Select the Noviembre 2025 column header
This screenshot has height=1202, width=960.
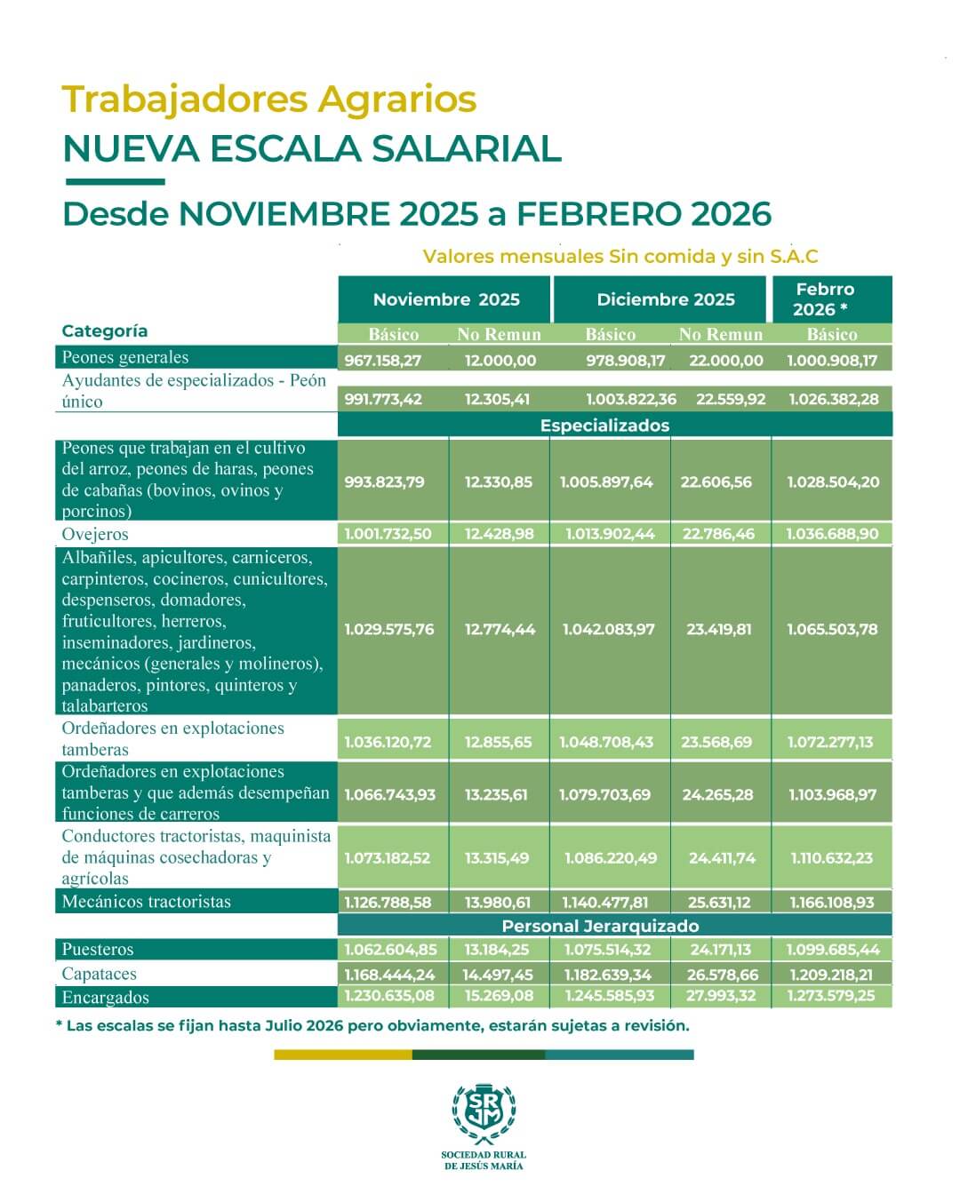(445, 299)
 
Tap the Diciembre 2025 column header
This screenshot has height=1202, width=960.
(665, 299)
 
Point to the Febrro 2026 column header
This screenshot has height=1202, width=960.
(825, 299)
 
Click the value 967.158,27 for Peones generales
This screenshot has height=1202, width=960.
(383, 361)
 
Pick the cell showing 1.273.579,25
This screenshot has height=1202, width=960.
(830, 996)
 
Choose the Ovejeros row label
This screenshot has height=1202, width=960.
(95, 534)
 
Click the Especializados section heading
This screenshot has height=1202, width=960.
(604, 426)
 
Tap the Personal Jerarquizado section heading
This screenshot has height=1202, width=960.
(600, 926)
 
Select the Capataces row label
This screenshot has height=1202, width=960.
(99, 974)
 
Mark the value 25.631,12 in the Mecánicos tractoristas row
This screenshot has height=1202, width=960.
(718, 903)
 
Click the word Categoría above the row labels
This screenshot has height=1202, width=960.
(105, 331)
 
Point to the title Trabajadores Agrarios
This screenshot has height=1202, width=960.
(268, 99)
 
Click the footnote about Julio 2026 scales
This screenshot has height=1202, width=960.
(372, 1025)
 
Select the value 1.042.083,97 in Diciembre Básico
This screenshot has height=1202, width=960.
(608, 629)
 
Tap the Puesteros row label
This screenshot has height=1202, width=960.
(98, 950)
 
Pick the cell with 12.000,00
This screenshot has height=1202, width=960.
(500, 361)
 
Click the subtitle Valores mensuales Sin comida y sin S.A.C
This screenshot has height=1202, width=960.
(620, 257)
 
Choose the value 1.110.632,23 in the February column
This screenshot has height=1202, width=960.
(831, 858)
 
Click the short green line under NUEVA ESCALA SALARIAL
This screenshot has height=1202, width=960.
(115, 182)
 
